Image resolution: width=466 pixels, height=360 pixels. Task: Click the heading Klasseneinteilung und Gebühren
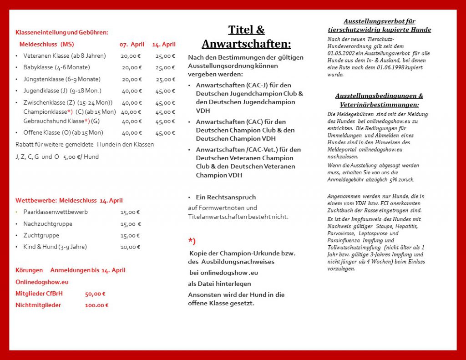coord(62,32)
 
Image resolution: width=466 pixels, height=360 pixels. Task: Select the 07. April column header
coord(132,45)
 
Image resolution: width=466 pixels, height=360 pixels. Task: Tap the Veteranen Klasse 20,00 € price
coord(131,56)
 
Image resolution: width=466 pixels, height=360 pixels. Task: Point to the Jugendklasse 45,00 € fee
coord(165,91)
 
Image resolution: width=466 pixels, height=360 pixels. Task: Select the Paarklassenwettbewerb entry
coord(56,212)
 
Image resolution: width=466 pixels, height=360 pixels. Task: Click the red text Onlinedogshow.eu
coord(42,282)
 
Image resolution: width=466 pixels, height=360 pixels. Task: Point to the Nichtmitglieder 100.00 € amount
coord(96,305)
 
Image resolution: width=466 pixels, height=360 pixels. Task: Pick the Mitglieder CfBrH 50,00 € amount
coord(95,294)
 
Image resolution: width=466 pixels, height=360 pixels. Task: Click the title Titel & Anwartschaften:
coord(246,37)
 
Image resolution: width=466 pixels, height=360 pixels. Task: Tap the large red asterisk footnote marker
coord(192,241)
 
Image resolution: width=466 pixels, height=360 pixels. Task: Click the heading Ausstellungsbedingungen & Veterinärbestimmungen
coord(379,100)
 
